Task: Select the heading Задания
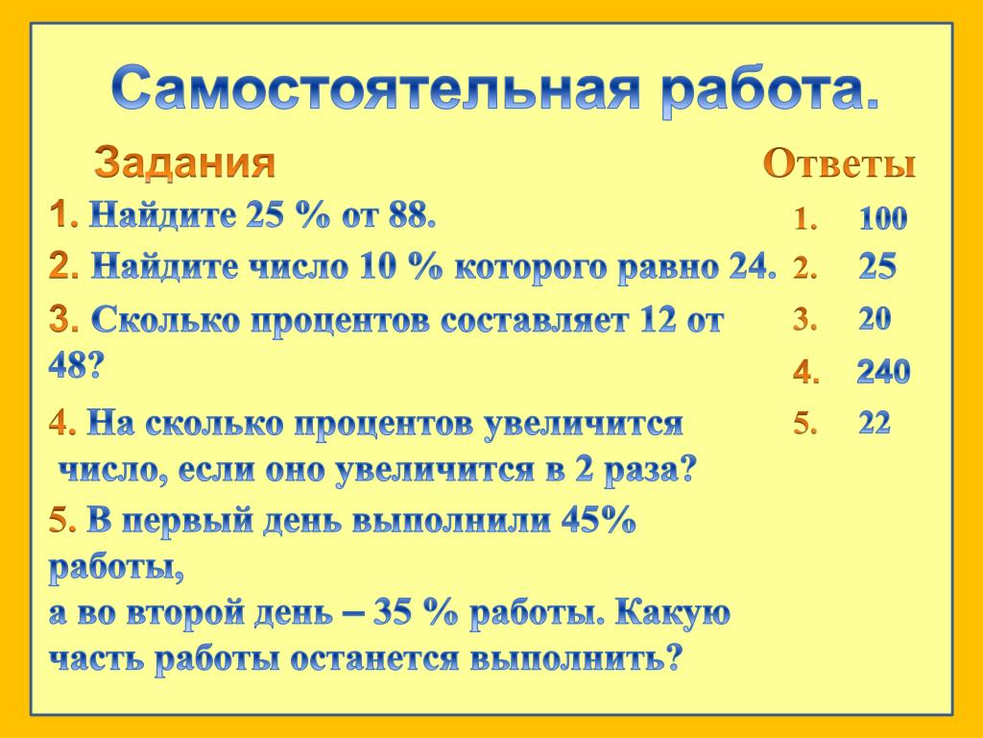184,162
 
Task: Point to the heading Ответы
839,163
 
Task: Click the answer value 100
883,218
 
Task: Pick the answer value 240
883,372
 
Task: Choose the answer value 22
875,423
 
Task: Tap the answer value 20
875,319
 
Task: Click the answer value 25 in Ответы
877,267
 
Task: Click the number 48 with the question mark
75,365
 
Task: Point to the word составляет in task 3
534,321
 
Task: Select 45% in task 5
598,520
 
